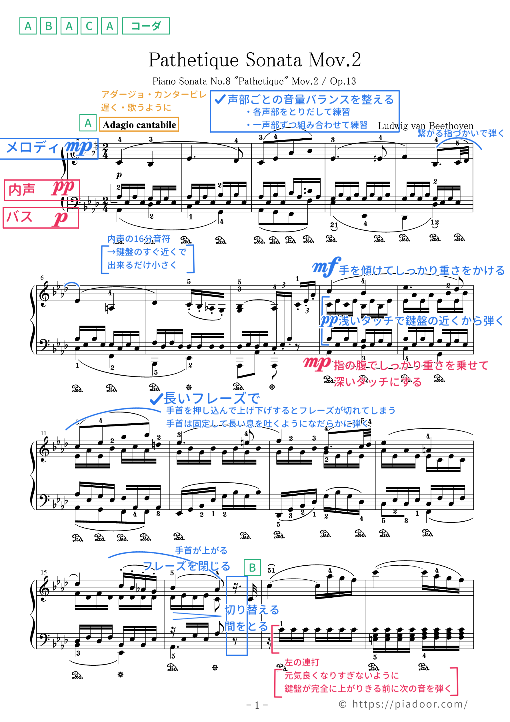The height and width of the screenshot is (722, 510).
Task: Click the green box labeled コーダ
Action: [x=146, y=26]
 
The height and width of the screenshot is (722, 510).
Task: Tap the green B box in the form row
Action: [x=48, y=26]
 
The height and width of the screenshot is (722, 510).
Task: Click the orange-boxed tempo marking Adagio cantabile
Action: [x=139, y=125]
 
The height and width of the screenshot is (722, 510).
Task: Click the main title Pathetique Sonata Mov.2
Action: [x=255, y=60]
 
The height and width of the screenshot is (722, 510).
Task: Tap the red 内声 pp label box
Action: [x=42, y=190]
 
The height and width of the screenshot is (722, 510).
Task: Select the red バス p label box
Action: [x=41, y=217]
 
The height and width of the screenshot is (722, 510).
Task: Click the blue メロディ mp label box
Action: [x=49, y=148]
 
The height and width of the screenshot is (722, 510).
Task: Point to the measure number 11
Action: [x=43, y=433]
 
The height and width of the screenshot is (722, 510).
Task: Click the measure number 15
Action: [x=43, y=572]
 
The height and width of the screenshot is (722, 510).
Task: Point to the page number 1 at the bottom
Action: [x=257, y=705]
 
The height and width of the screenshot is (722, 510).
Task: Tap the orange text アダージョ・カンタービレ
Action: [x=154, y=95]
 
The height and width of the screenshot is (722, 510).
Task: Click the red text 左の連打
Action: [x=301, y=662]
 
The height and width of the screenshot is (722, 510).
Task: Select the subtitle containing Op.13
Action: [x=254, y=81]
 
